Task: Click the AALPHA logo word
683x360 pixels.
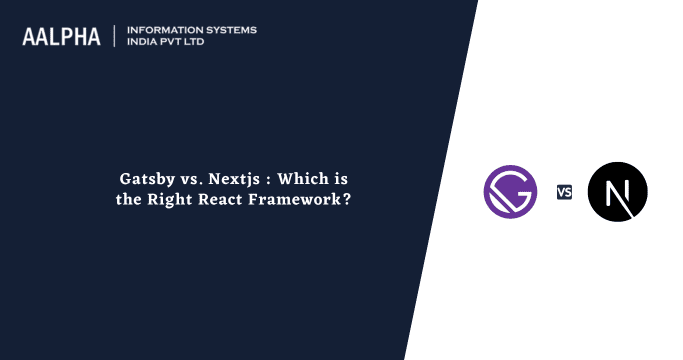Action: [x=62, y=37]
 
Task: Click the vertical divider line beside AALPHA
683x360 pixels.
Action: [x=115, y=36]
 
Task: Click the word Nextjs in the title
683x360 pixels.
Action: [x=229, y=180]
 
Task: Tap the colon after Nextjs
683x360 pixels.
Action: [x=265, y=181]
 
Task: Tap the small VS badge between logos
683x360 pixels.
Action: [x=565, y=192]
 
